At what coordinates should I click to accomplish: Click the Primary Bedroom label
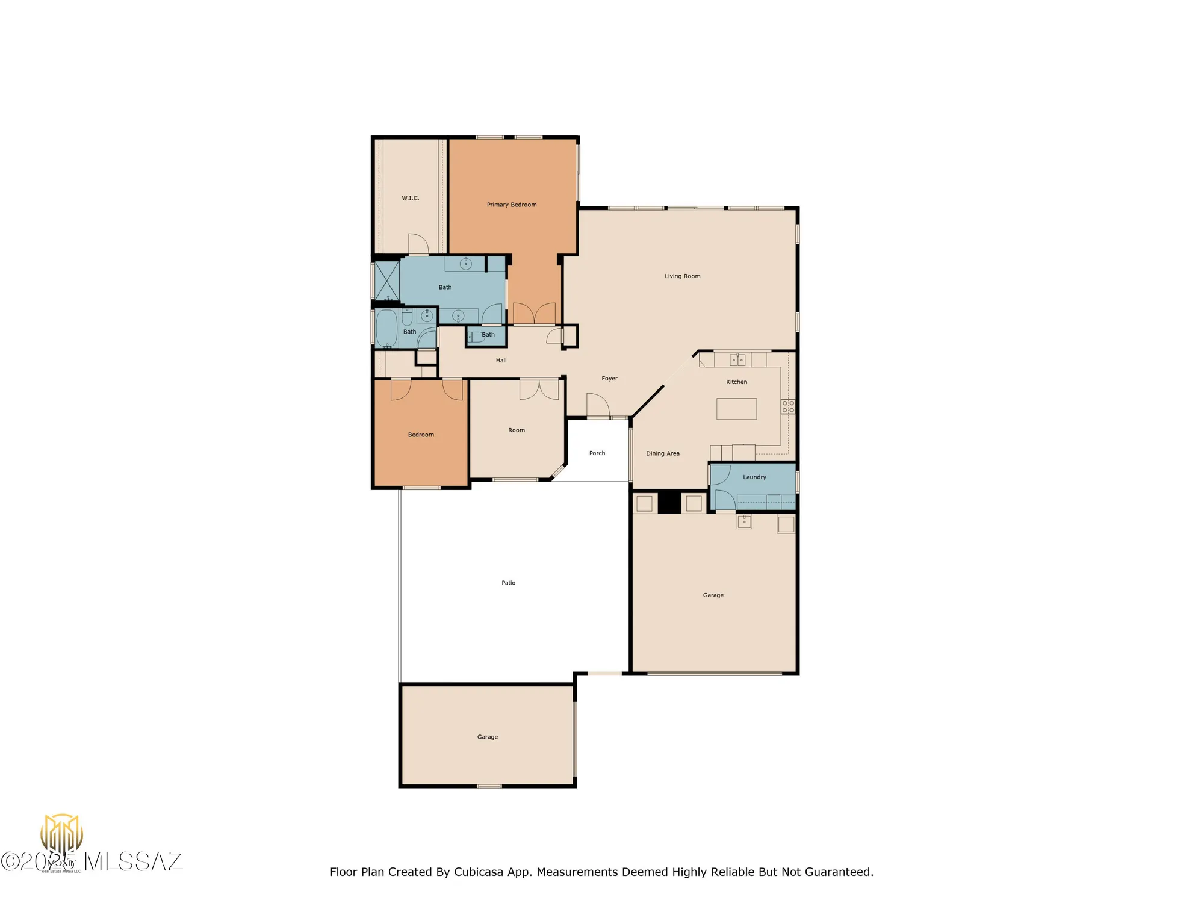pyautogui.click(x=511, y=205)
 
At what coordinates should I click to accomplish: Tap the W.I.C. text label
pyautogui.click(x=411, y=198)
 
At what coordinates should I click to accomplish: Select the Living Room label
pyautogui.click(x=682, y=276)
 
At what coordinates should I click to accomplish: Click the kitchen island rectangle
pyautogui.click(x=736, y=409)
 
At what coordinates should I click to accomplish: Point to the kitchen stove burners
pyautogui.click(x=787, y=406)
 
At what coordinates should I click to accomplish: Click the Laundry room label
pyautogui.click(x=754, y=477)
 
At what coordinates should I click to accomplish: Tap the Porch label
pyautogui.click(x=597, y=453)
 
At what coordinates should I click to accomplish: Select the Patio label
pyautogui.click(x=508, y=583)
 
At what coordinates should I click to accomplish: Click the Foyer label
pyautogui.click(x=609, y=379)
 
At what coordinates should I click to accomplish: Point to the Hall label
pyautogui.click(x=501, y=361)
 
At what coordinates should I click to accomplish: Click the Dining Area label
pyautogui.click(x=662, y=453)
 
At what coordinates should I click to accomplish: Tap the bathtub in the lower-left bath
pyautogui.click(x=386, y=329)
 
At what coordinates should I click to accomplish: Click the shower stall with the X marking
pyautogui.click(x=387, y=281)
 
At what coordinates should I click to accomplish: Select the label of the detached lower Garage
pyautogui.click(x=487, y=737)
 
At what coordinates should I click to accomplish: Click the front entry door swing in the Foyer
pyautogui.click(x=597, y=405)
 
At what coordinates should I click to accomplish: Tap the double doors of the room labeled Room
pyautogui.click(x=539, y=389)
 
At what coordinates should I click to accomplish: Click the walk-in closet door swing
pyautogui.click(x=418, y=244)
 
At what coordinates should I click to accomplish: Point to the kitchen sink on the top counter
pyautogui.click(x=737, y=360)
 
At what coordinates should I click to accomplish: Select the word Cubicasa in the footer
pyautogui.click(x=478, y=872)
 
